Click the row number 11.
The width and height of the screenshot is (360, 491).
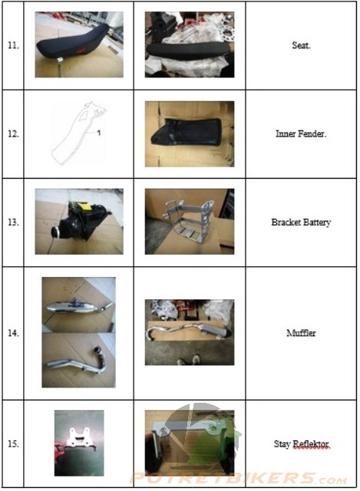point(13,45)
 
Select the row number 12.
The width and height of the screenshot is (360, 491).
point(13,134)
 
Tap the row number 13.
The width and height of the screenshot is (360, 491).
point(13,222)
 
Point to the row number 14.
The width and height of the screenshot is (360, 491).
point(13,333)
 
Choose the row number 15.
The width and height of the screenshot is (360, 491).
point(13,443)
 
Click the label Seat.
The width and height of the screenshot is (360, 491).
point(301,45)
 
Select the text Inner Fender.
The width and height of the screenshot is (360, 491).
point(301,134)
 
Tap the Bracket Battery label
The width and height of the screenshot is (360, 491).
point(301,222)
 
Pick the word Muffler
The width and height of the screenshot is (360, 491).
point(301,333)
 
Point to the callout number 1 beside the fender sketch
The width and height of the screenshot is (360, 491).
point(99,133)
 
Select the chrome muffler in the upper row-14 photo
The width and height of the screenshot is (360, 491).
point(79,306)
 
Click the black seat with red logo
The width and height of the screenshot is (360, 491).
point(74,42)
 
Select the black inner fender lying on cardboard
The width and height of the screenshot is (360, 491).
point(187,131)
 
